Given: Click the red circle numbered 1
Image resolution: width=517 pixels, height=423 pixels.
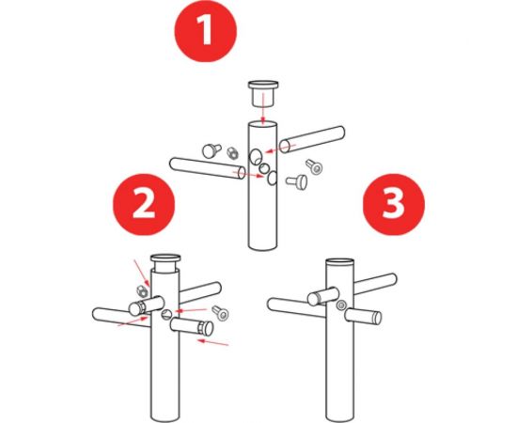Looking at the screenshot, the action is pos(206,31).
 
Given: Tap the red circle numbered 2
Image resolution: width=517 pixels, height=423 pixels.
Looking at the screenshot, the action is pos(144,204).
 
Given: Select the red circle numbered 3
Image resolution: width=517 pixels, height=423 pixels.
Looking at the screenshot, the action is pos(394,204).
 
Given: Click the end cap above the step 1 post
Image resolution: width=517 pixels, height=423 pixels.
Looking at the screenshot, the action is pos(263,93).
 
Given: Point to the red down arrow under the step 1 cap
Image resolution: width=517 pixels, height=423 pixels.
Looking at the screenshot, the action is pos(263,109).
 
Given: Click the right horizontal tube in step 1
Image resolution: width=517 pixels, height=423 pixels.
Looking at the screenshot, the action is pos(312,139).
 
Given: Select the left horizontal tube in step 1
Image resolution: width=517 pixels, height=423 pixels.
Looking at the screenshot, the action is pos(208,168).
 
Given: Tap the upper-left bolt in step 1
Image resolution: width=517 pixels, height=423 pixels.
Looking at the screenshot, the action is pos(211,150).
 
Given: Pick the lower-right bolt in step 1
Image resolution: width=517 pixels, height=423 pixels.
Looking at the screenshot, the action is pos(297,181).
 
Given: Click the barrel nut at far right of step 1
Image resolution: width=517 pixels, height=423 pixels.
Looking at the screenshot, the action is pos(314,166).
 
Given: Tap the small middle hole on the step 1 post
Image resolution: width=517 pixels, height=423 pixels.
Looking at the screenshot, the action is pos(263,168).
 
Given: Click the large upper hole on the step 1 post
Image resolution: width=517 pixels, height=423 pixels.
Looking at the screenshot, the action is pos(256,156).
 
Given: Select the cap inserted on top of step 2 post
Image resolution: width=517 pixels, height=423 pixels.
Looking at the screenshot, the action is pos(165,262).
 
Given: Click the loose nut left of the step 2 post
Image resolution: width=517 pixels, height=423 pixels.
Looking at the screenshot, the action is pos(142,291).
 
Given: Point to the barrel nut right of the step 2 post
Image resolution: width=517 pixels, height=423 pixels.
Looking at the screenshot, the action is pos(221,313).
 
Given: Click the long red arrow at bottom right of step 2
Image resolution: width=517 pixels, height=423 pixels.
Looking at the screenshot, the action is pos(212,343).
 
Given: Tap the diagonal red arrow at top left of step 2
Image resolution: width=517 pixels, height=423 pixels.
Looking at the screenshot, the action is pos(142,273).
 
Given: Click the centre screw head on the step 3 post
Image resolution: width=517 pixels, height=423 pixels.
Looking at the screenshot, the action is pos(341,305).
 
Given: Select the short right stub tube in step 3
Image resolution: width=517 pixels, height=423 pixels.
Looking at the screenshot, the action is pos(363,317).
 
